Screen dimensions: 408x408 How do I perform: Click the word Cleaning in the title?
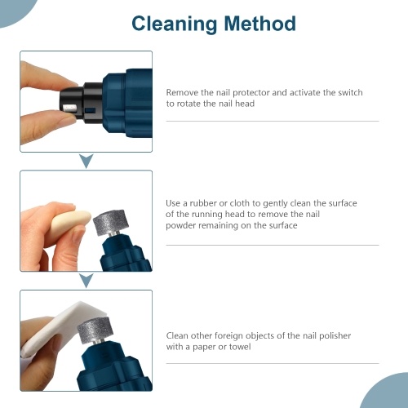click(174, 24)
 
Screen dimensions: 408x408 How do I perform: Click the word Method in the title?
click(259, 24)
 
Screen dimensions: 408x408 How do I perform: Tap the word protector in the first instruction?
click(251, 93)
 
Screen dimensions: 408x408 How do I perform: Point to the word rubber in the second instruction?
click(203, 203)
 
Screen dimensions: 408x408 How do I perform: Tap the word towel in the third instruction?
click(240, 347)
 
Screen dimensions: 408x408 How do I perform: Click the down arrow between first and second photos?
click(86, 161)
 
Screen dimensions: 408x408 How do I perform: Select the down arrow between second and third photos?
click(86, 281)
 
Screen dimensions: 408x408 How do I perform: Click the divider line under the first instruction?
click(273, 121)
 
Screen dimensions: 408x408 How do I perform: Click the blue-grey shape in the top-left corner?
click(15, 11)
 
